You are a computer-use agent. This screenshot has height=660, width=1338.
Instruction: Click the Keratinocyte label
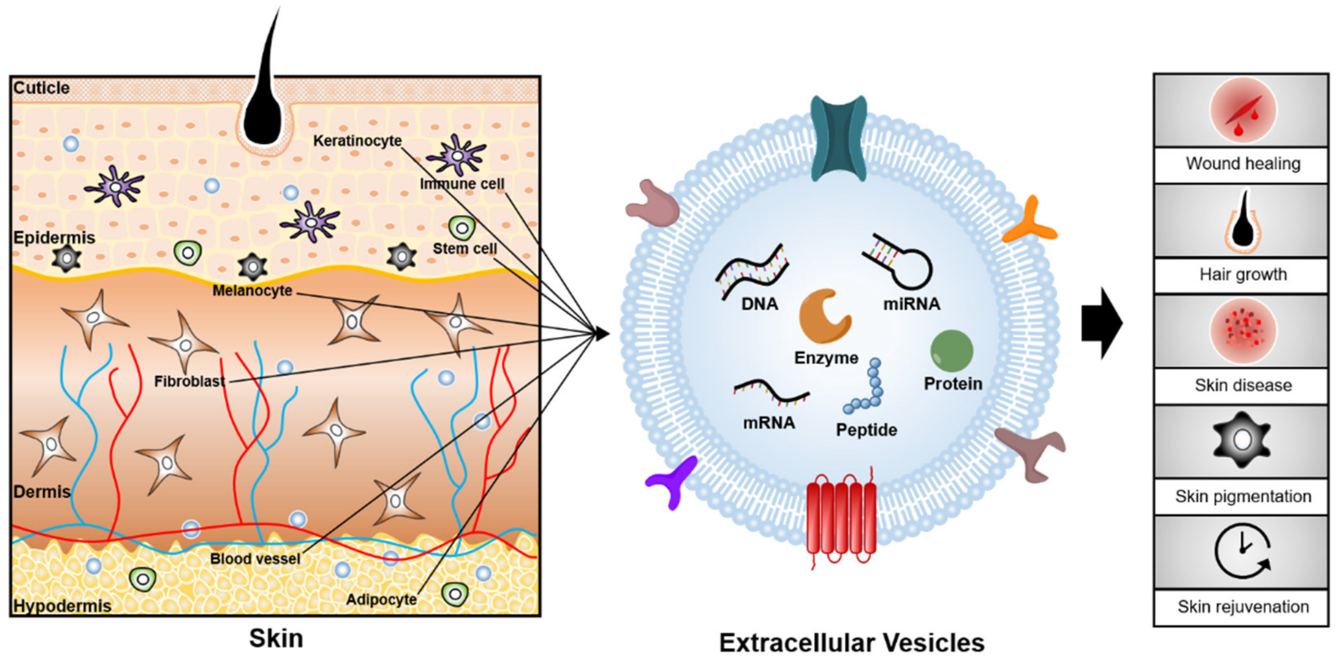coord(357,140)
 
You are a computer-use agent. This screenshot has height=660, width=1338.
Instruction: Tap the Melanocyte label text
coord(252,291)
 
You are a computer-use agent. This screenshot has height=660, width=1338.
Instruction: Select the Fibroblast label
coord(189,381)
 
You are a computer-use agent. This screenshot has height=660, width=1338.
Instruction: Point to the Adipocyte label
coord(381,599)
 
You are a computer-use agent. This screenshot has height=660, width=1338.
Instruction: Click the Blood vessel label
coord(255,559)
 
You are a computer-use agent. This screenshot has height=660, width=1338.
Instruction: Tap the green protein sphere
coord(952,351)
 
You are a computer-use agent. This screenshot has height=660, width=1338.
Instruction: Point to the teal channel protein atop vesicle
coord(839,138)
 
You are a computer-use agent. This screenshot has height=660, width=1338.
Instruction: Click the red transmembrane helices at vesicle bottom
coord(841,519)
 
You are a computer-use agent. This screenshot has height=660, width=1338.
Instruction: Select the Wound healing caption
coord(1242,164)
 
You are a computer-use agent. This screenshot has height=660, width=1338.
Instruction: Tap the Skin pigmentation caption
coord(1242,497)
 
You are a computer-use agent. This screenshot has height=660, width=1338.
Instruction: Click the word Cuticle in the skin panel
coord(42,88)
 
